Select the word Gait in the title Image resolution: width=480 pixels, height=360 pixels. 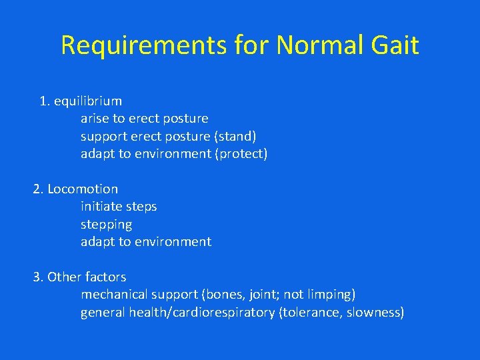tap(397, 45)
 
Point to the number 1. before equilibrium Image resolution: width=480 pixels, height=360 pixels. tap(45, 101)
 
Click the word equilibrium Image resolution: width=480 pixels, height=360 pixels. tap(88, 101)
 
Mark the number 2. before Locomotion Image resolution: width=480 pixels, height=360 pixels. tap(38, 189)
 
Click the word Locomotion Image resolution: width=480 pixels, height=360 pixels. tap(83, 189)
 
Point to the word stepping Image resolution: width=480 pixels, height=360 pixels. tap(107, 225)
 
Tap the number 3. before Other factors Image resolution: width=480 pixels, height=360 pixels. tap(38, 277)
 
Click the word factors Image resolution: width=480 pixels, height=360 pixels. tap(105, 277)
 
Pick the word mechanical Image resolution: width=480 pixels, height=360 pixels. tap(113, 295)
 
